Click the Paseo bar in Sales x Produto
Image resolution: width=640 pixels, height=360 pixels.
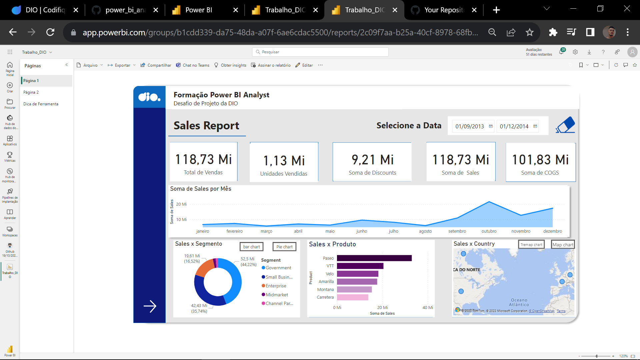374,258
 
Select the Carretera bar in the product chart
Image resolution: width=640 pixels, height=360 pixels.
352,297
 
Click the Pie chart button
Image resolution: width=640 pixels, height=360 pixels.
284,247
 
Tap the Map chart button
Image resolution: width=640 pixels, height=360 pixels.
563,245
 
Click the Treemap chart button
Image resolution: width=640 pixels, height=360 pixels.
531,245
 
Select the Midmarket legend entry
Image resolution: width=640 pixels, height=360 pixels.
277,295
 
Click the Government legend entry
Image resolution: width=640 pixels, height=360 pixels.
278,268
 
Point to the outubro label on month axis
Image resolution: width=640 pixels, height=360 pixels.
489,231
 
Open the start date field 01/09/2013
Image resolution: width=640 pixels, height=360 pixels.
469,126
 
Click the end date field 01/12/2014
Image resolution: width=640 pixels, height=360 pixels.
514,126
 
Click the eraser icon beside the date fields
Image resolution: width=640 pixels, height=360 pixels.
565,125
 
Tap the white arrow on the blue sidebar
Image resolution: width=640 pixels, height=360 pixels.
150,306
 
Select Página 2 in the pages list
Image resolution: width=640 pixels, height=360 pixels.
31,92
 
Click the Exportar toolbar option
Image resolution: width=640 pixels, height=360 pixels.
122,65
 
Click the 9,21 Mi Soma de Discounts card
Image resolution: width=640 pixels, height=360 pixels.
372,162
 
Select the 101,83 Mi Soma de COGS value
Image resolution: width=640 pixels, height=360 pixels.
540,160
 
